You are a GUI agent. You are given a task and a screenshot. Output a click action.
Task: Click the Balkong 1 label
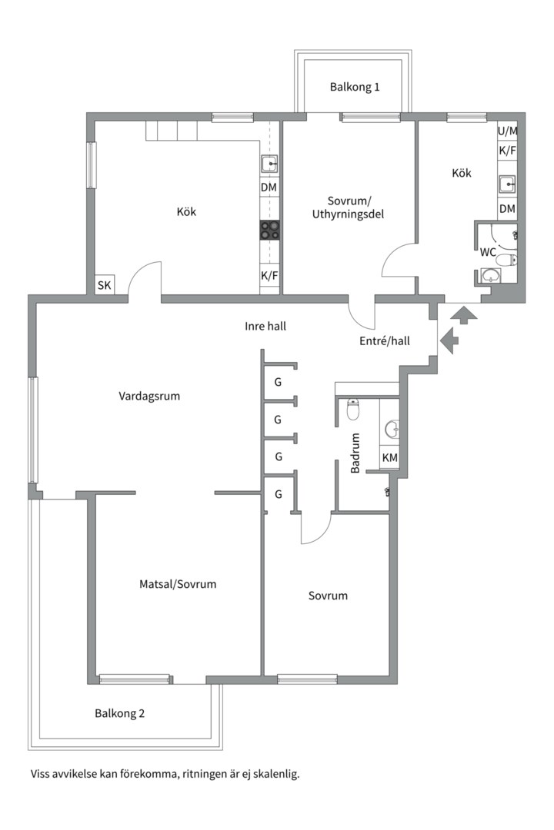point(355,87)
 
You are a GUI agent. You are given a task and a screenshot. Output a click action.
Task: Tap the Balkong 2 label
point(120,713)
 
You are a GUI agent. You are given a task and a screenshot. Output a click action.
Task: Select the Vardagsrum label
point(149,397)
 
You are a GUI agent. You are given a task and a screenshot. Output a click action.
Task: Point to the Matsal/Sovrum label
point(178,584)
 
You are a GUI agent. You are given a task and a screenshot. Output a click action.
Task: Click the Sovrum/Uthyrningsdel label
point(349,207)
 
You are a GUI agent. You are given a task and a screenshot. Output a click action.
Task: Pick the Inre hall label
point(265,326)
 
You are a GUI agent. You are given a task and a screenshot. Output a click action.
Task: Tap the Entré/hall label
point(385,341)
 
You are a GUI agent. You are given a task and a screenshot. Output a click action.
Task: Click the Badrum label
point(355,453)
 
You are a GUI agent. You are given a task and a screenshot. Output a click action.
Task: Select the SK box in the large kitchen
point(105,285)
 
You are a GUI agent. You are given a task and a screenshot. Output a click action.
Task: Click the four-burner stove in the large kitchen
point(270,231)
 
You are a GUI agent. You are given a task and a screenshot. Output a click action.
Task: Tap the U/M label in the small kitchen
point(507,131)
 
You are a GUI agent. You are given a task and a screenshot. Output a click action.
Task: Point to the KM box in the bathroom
point(389,458)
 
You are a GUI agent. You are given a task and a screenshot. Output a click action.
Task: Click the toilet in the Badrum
point(353,409)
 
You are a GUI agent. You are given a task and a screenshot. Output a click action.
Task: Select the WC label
point(488,253)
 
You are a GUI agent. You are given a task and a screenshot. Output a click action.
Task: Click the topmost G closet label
point(278,382)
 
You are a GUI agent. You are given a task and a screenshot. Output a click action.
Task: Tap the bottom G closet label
point(278,495)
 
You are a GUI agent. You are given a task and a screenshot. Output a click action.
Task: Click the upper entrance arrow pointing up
point(464,314)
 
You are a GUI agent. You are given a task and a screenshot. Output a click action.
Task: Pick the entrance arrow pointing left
point(449,340)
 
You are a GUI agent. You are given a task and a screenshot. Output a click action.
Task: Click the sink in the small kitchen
point(507,184)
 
